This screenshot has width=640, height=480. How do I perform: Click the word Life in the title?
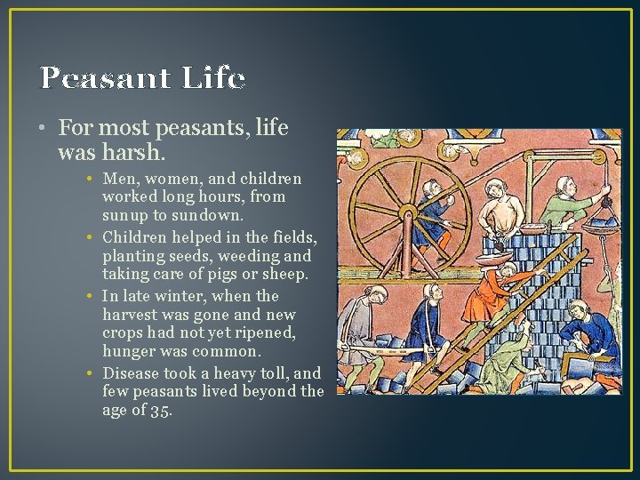pos(213,78)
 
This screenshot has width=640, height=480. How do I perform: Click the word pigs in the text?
pos(228,275)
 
